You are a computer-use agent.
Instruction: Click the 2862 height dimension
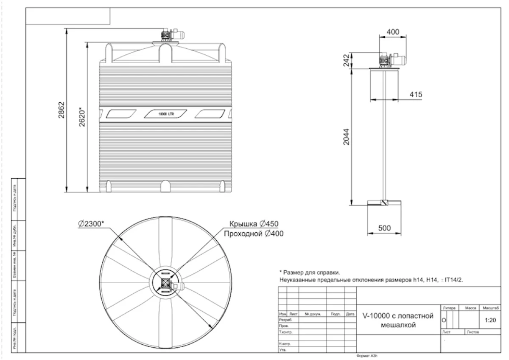pyautogui.click(x=62, y=110)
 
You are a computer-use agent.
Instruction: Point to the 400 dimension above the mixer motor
pyautogui.click(x=393, y=32)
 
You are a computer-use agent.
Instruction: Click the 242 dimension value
pyautogui.click(x=346, y=60)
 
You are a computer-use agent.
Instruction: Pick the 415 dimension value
pyautogui.click(x=416, y=94)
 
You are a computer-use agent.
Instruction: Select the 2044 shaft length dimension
pyautogui.click(x=346, y=137)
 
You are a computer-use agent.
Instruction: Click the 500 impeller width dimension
pyautogui.click(x=384, y=228)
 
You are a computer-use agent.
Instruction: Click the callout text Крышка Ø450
pyautogui.click(x=254, y=224)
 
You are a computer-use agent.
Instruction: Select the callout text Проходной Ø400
pyautogui.click(x=253, y=233)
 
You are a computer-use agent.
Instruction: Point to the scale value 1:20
pyautogui.click(x=490, y=320)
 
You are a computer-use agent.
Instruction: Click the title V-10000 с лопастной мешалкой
pyautogui.click(x=397, y=321)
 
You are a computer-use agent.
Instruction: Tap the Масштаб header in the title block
pyautogui.click(x=490, y=307)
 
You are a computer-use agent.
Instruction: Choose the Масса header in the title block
pyautogui.click(x=471, y=307)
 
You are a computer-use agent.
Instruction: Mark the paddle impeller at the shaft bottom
pyautogui.click(x=384, y=203)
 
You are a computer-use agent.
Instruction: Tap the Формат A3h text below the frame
pyautogui.click(x=367, y=356)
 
